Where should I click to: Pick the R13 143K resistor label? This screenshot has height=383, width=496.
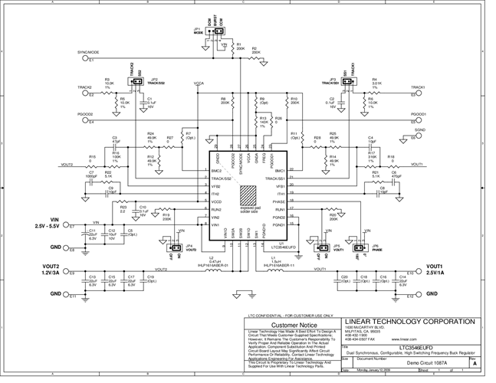(263, 120)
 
